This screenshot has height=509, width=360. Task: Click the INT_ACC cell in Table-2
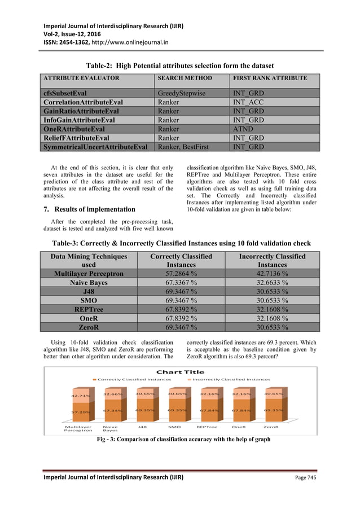click(x=247, y=102)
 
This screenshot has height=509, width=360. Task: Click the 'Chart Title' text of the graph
click(x=180, y=372)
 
